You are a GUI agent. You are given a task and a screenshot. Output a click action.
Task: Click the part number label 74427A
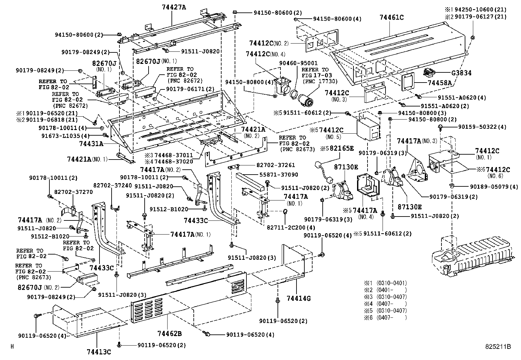(173, 6)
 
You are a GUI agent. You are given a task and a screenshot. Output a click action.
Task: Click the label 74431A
(91, 143)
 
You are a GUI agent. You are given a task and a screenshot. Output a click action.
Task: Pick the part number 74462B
(169, 333)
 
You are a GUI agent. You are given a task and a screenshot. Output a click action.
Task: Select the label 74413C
(99, 352)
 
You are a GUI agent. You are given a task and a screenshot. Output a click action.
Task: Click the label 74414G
(298, 298)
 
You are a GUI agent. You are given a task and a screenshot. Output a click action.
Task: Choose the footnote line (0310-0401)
(391, 283)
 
